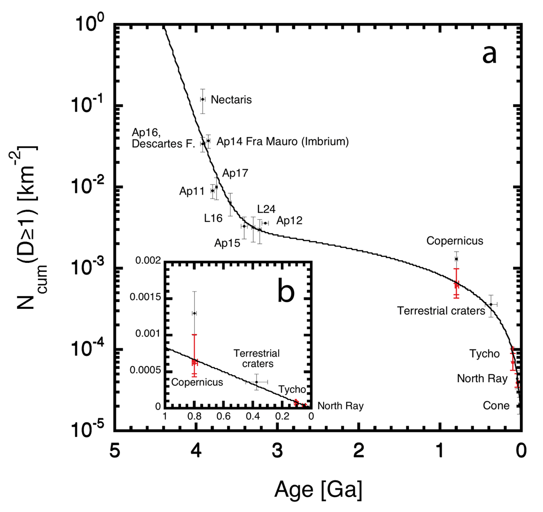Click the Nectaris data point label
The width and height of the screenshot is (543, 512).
click(231, 100)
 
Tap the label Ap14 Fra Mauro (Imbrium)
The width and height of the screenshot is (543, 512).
click(283, 142)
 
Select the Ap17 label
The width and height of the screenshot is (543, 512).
click(235, 173)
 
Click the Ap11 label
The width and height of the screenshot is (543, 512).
click(192, 191)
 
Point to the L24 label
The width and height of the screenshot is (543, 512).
click(266, 209)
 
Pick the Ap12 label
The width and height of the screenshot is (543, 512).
click(289, 221)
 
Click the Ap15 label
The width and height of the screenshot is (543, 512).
click(227, 243)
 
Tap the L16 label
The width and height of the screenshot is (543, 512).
click(213, 218)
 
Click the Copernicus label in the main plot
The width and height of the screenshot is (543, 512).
click(455, 241)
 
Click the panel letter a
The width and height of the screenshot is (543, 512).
click(489, 54)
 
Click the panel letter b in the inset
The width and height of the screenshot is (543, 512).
click(286, 291)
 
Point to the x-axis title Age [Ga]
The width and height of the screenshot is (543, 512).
click(318, 489)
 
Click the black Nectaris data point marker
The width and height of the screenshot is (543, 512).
click(203, 99)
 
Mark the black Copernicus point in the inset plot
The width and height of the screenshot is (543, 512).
click(195, 313)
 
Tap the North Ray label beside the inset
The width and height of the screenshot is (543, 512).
click(340, 406)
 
